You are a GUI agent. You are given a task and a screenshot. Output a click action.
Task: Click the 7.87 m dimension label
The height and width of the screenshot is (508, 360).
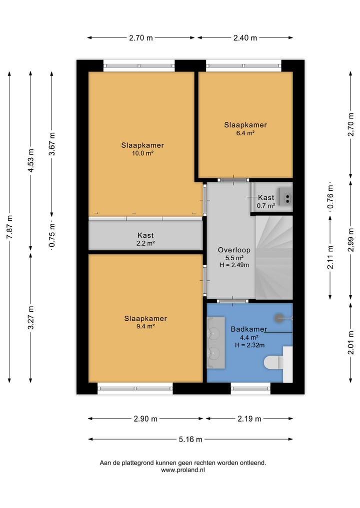coord(9,227)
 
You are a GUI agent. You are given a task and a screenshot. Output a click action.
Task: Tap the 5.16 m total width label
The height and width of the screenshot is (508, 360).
coord(190,439)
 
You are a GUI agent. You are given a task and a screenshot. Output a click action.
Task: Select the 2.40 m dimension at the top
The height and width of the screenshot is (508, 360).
coord(245,38)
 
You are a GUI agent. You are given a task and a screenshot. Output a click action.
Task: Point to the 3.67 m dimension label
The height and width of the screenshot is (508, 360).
coord(52,144)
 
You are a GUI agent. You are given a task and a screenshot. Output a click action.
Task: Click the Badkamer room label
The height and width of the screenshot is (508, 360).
coord(249,329)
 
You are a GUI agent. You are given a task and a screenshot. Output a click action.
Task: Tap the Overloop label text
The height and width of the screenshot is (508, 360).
coord(234,250)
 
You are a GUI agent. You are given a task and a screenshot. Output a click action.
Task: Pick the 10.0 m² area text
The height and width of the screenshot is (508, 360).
coord(142,153)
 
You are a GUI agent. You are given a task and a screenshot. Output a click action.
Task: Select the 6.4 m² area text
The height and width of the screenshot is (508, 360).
coord(245,133)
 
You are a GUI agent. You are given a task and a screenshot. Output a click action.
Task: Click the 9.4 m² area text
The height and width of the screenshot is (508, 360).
coord(145,326)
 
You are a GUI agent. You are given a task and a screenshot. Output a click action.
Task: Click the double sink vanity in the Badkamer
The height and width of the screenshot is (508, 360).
coord(216,343)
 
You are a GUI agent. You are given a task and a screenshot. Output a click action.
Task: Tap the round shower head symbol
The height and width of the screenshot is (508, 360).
coord(279,318)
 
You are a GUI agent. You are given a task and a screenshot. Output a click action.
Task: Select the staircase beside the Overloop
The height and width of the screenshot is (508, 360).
coord(274,257)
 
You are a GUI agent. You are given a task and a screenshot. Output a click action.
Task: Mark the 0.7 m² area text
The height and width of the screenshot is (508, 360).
coord(266,205)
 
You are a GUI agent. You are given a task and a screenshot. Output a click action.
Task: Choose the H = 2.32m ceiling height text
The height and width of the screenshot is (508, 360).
coord(249,345)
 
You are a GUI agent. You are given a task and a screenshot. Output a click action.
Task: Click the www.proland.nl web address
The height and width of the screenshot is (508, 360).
coord(183,470)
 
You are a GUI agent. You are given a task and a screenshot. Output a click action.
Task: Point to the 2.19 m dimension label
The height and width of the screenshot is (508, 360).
coord(249,419)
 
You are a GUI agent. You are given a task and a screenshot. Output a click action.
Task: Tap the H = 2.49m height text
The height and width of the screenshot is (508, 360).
coord(234,265)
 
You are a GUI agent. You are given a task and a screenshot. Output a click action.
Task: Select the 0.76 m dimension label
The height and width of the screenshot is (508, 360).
coord(330,197)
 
